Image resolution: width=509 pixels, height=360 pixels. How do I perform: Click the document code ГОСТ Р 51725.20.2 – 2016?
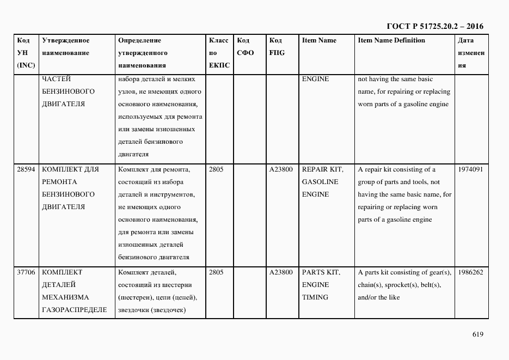[434, 26]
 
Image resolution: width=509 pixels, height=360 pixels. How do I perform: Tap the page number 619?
[477, 334]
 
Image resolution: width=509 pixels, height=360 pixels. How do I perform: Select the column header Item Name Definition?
[391, 40]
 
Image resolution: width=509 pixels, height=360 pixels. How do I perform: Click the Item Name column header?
[319, 40]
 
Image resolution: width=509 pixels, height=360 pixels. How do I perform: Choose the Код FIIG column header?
[277, 47]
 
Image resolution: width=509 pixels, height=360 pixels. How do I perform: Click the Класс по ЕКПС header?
[219, 53]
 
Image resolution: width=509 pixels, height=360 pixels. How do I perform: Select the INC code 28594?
[26, 169]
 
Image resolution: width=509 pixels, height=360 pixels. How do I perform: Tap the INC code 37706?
[26, 272]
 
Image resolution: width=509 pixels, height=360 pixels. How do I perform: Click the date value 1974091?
[470, 169]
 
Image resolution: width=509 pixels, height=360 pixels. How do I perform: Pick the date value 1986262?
[470, 272]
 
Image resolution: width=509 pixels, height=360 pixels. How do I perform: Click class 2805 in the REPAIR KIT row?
[216, 169]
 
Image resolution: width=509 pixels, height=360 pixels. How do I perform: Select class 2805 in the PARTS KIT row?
[216, 272]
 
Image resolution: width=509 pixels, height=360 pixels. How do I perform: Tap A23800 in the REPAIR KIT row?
[281, 169]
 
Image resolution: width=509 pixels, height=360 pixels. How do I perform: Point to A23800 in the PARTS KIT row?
[281, 272]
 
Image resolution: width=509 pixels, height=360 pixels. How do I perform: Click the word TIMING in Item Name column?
[315, 297]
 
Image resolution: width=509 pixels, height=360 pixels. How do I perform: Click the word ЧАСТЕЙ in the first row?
[56, 79]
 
